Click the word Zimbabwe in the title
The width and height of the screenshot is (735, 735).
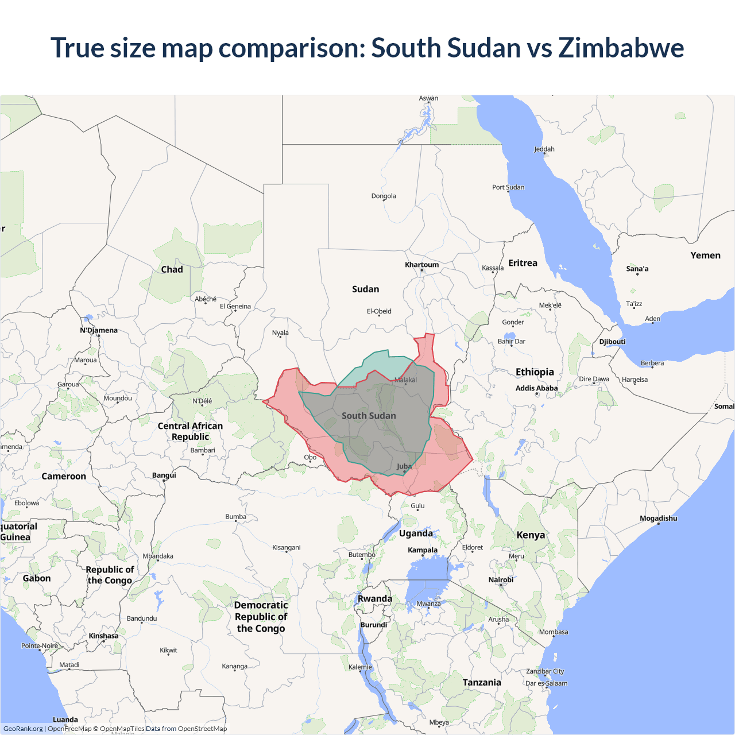(x=621, y=48)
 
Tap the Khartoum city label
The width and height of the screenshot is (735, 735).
(x=421, y=265)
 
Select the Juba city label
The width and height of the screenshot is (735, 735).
(x=404, y=466)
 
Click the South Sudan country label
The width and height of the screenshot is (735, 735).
(x=369, y=416)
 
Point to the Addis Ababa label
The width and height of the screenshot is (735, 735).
(x=536, y=388)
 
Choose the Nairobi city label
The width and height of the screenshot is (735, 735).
(x=501, y=580)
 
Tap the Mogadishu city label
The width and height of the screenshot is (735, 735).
(x=658, y=519)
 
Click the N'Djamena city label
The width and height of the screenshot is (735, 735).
(x=99, y=330)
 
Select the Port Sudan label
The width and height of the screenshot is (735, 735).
(x=508, y=187)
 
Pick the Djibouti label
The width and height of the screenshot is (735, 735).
(x=612, y=342)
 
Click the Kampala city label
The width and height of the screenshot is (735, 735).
(x=423, y=550)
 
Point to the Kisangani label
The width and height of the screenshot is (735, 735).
(x=286, y=547)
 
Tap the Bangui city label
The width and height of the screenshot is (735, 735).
(x=164, y=475)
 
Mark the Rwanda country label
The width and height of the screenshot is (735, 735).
(x=375, y=598)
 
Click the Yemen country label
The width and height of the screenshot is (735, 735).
(x=705, y=256)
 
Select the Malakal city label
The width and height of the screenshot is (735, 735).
(x=405, y=380)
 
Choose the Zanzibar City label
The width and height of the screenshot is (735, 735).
(x=545, y=671)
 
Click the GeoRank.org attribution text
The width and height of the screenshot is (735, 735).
(x=23, y=729)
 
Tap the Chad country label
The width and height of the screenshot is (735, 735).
(x=172, y=269)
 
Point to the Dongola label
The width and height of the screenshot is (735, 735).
(x=384, y=196)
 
